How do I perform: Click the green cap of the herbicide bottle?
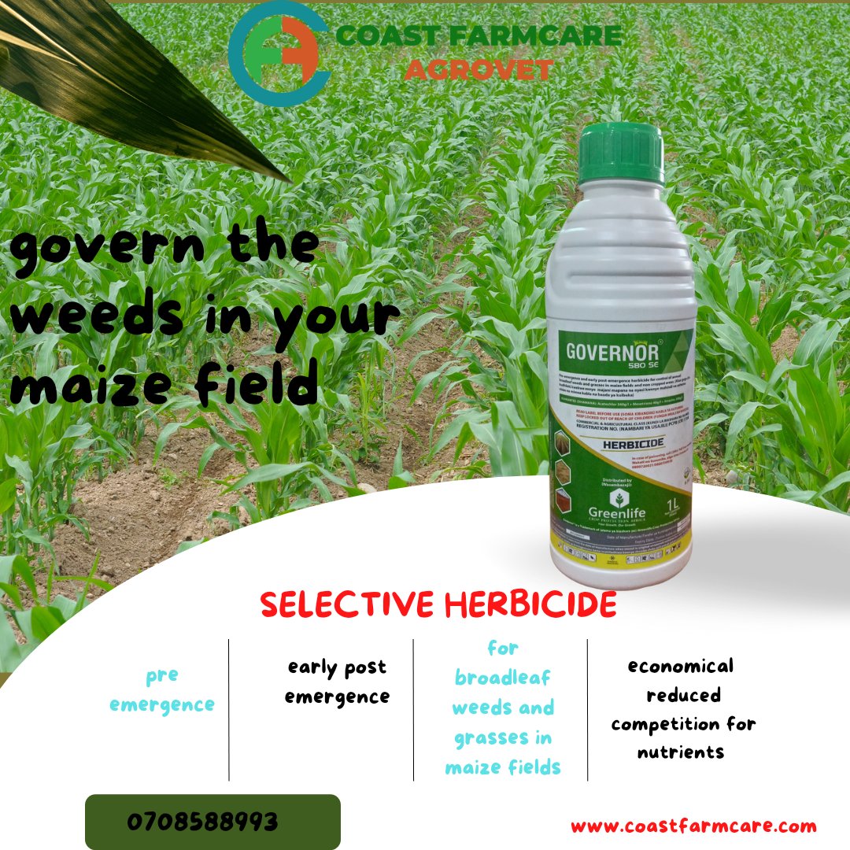coord(621,153)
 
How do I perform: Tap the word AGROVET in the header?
coord(479,68)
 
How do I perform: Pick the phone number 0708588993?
coord(202,822)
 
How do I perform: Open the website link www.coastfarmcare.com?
coord(693,826)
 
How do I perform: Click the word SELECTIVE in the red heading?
coord(347,604)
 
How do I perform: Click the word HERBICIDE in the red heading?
coord(530,604)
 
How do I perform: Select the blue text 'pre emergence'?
coord(162,689)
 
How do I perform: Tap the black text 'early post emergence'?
coord(337,682)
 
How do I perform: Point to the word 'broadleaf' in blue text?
coord(502,678)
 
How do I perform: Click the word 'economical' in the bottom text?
coord(680,666)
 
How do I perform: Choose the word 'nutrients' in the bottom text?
coord(680,752)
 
